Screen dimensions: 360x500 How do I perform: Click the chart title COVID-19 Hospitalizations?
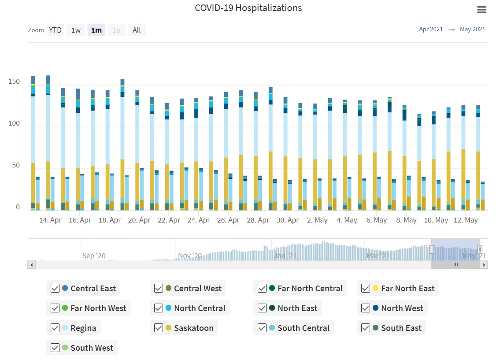pos(248,8)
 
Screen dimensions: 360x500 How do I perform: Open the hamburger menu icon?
pos(481,10)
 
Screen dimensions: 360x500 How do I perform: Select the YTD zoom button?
pos(55,30)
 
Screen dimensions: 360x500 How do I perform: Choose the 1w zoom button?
pos(76,30)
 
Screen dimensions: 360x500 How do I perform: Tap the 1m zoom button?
pos(96,30)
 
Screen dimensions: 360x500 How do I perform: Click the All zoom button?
pos(137,30)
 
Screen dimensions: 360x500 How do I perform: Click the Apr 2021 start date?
pos(431,30)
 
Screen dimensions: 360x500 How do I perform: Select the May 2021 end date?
pos(472,30)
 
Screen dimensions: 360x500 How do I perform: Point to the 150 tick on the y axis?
pos(14,82)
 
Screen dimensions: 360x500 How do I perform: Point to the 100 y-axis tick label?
pos(14,124)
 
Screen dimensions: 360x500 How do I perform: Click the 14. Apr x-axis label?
pos(50,220)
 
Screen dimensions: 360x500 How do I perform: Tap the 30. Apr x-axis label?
pos(287,220)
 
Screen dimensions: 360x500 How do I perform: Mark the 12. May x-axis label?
pos(466,220)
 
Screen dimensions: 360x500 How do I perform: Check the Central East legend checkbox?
pos(55,289)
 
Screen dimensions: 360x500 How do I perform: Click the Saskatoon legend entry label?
pos(193,328)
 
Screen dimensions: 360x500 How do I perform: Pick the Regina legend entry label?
pos(83,328)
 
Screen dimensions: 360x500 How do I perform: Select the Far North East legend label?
pos(407,289)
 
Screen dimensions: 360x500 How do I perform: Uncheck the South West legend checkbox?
pos(55,348)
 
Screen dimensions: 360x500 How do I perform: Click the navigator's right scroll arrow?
pos(484,265)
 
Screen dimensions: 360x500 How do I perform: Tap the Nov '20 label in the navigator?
pos(190,256)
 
